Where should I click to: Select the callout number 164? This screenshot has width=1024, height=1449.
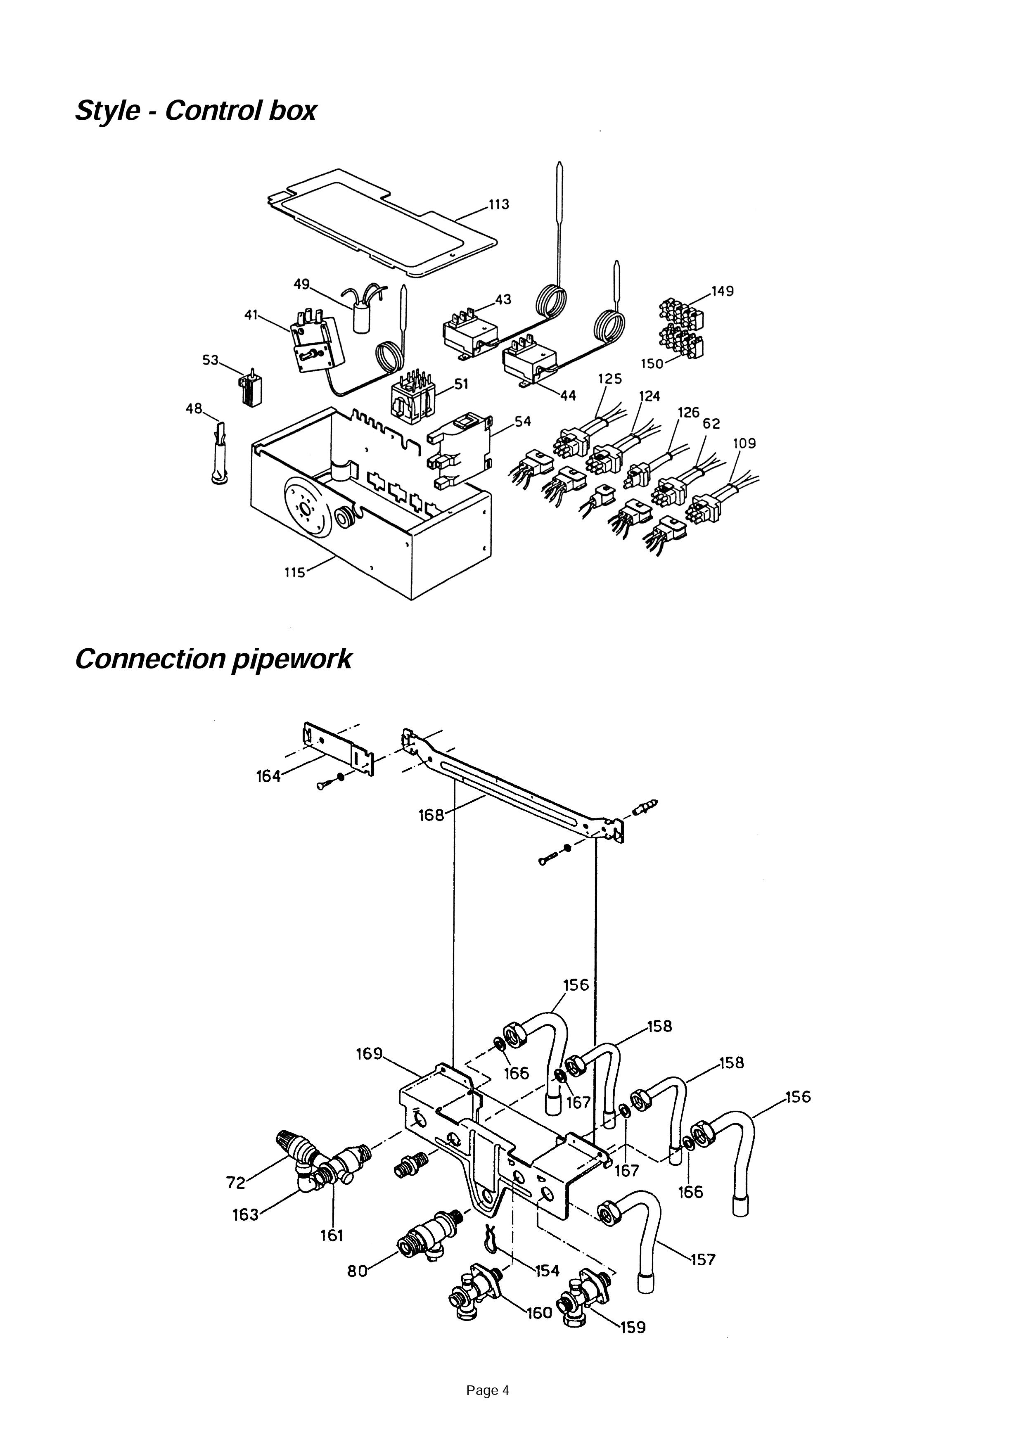click(x=268, y=776)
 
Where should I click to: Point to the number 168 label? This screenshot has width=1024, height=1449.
click(x=431, y=816)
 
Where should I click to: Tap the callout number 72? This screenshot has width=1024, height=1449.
click(x=235, y=1182)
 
